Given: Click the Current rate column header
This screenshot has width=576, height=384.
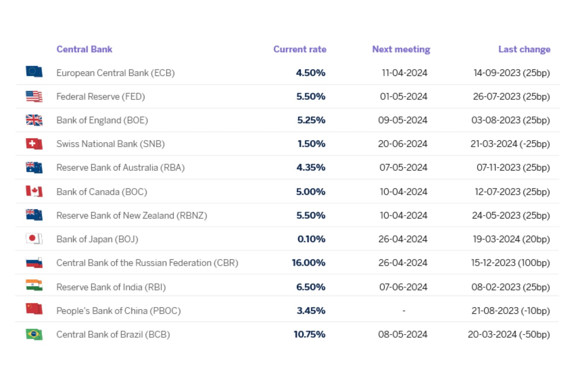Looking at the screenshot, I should pyautogui.click(x=300, y=49).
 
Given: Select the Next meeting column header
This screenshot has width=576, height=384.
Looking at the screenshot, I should pyautogui.click(x=401, y=49).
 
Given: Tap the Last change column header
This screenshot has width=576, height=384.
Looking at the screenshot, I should pyautogui.click(x=524, y=49).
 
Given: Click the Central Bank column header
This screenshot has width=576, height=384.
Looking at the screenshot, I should pyautogui.click(x=84, y=49).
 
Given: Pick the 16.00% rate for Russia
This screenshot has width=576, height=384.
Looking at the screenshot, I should pyautogui.click(x=309, y=263).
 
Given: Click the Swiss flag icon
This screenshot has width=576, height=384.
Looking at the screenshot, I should pyautogui.click(x=34, y=144).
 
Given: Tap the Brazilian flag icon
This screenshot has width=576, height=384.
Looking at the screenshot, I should pyautogui.click(x=34, y=334).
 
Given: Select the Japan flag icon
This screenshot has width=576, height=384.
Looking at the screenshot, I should pyautogui.click(x=34, y=239).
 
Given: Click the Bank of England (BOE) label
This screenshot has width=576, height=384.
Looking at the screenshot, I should pyautogui.click(x=102, y=120).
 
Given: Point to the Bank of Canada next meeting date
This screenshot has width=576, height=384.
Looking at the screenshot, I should pyautogui.click(x=404, y=192).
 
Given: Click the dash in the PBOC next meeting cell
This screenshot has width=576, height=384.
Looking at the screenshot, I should pyautogui.click(x=404, y=310).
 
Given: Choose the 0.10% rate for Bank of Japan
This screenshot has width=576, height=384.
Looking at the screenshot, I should pyautogui.click(x=311, y=239).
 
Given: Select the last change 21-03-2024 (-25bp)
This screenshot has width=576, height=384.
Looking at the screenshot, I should pyautogui.click(x=510, y=144).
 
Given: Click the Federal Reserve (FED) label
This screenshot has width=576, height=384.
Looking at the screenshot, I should pyautogui.click(x=101, y=96).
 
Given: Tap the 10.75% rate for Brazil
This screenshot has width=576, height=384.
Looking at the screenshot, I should pyautogui.click(x=310, y=334).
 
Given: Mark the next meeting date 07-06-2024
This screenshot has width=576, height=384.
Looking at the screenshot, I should pyautogui.click(x=403, y=287).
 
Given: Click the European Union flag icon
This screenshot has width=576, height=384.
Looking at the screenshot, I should pyautogui.click(x=34, y=72).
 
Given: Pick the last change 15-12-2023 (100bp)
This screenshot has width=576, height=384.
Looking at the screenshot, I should pyautogui.click(x=510, y=263).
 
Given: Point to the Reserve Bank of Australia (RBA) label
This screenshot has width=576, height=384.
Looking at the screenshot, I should pyautogui.click(x=121, y=168).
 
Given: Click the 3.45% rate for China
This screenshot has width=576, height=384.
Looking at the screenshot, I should pyautogui.click(x=311, y=311).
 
